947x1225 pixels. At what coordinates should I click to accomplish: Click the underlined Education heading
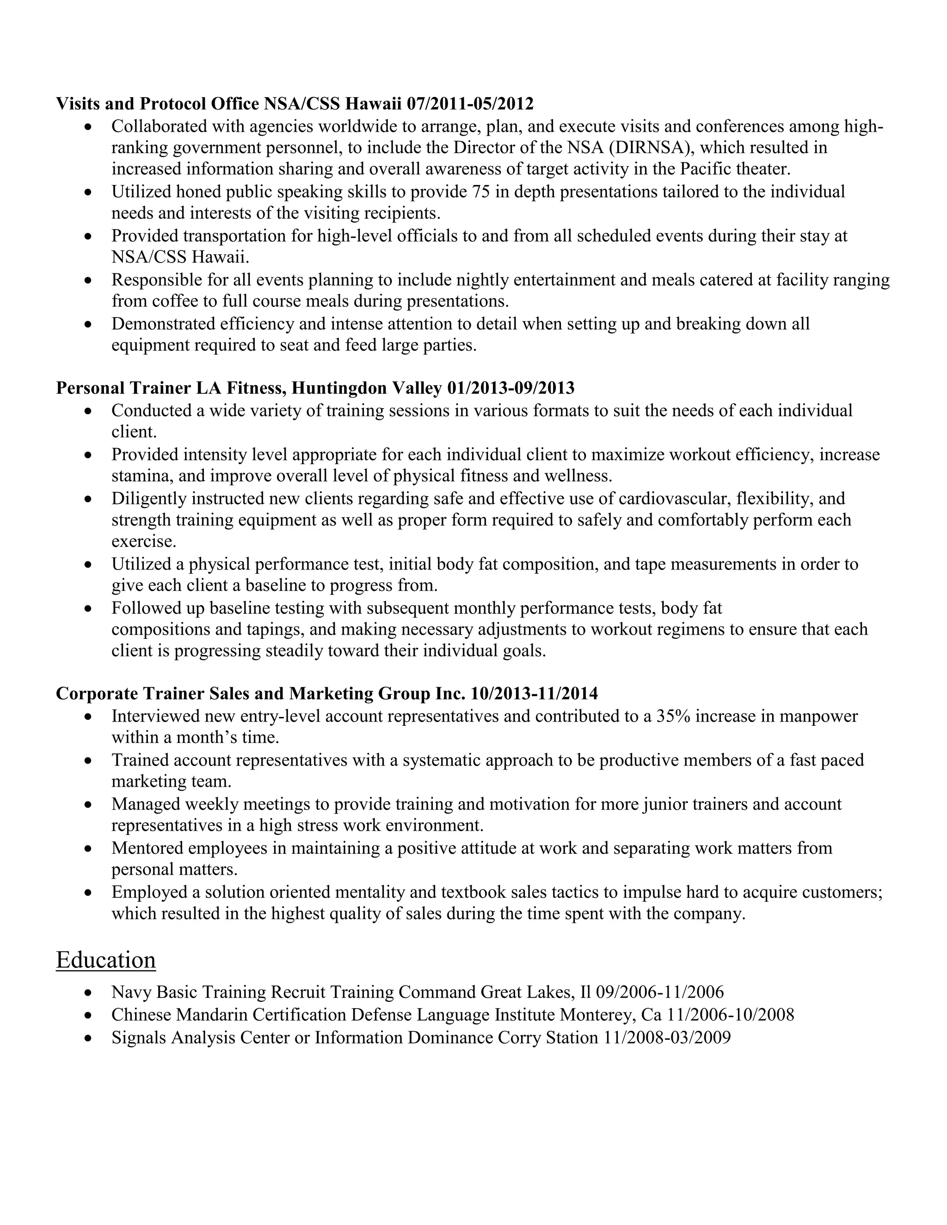coord(105,960)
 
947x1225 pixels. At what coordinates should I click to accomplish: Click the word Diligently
coord(149,498)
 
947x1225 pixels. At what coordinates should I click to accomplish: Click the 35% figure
coord(673,716)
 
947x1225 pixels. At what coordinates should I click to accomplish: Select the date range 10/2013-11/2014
coord(534,694)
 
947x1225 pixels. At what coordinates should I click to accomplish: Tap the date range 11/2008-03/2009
coord(667,1037)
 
